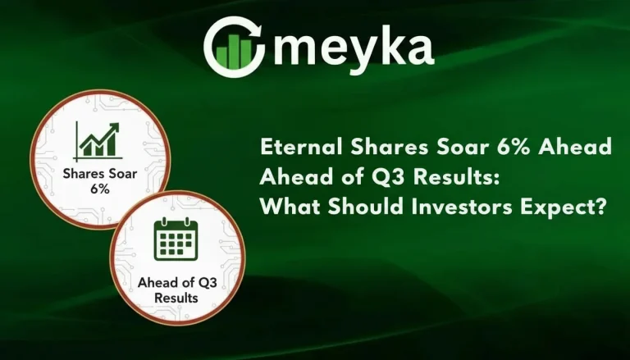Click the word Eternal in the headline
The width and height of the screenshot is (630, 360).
click(x=298, y=147)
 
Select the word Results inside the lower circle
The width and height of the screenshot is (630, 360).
click(x=176, y=298)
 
